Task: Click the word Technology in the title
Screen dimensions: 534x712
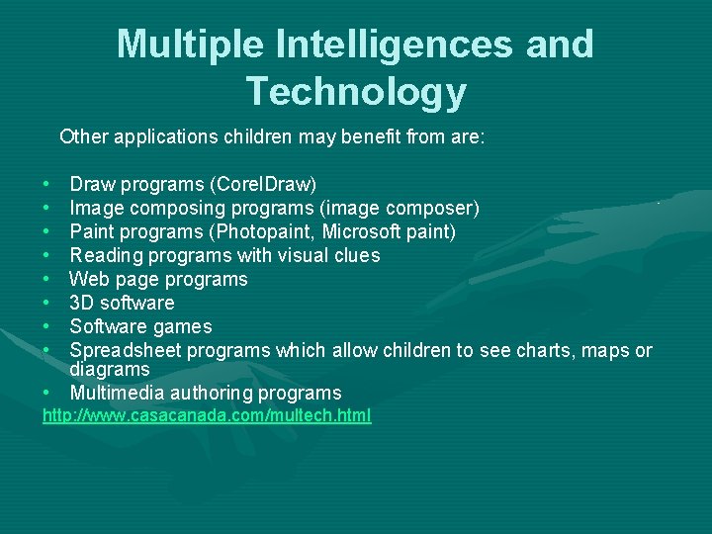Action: click(356, 91)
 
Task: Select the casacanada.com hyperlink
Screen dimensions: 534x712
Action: click(207, 416)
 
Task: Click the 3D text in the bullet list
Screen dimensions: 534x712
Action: click(81, 304)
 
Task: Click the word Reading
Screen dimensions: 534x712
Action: click(106, 256)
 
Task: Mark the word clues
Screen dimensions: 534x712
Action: click(357, 256)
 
